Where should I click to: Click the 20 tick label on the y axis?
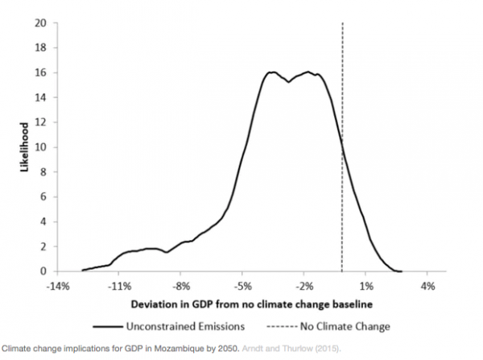pos(39,23)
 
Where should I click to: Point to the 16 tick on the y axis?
pos(39,72)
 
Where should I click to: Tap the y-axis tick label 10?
pos(39,147)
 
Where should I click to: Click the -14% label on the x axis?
pos(57,285)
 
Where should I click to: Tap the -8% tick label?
pos(181,285)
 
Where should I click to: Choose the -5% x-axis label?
pos(243,285)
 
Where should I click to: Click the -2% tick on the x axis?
pos(304,285)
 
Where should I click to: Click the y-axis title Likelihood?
pos(24,147)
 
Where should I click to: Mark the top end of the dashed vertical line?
pos(342,23)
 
